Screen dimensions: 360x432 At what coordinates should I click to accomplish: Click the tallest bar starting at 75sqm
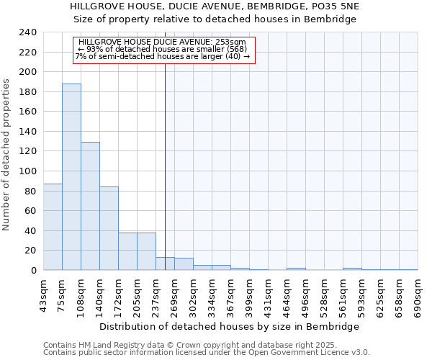(71, 177)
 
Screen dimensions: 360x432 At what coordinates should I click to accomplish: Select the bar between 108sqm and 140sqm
(90, 206)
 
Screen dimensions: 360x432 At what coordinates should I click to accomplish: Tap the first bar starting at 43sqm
(53, 227)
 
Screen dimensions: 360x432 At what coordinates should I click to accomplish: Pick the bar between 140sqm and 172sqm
(109, 228)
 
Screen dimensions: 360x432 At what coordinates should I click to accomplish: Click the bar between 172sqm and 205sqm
(127, 251)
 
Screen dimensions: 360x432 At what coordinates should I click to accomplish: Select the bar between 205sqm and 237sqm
(146, 251)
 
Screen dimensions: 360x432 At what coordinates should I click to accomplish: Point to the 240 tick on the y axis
(27, 32)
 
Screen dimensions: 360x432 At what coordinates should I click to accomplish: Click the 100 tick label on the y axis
(27, 171)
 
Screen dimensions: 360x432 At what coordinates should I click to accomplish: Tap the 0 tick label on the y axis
(33, 271)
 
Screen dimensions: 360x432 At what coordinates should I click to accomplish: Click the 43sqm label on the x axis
(44, 294)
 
